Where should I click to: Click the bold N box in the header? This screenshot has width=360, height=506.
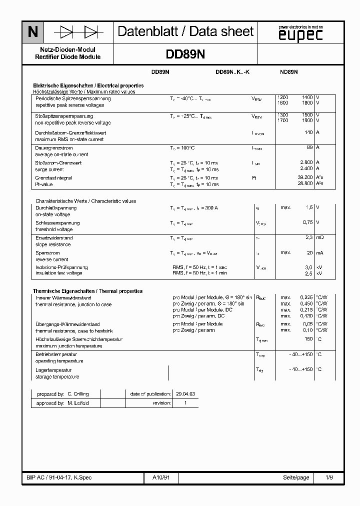pyautogui.click(x=33, y=32)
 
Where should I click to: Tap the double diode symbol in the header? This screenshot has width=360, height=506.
pyautogui.click(x=78, y=32)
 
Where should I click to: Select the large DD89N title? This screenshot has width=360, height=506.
pyautogui.click(x=185, y=53)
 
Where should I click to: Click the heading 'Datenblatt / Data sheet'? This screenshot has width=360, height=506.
pyautogui.click(x=185, y=32)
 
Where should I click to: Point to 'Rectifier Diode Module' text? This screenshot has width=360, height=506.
pyautogui.click(x=67, y=57)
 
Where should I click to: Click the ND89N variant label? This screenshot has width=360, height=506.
pyautogui.click(x=288, y=72)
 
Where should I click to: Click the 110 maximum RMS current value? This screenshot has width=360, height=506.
pyautogui.click(x=308, y=132)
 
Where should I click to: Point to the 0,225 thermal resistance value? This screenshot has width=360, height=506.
pyautogui.click(x=306, y=297)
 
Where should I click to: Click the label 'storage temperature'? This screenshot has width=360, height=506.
pyautogui.click(x=57, y=376)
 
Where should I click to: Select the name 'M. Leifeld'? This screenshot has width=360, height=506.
pyautogui.click(x=78, y=403)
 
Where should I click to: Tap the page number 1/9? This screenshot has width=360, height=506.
pyautogui.click(x=329, y=477)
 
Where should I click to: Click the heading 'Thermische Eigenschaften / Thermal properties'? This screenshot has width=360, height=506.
pyautogui.click(x=87, y=291)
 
